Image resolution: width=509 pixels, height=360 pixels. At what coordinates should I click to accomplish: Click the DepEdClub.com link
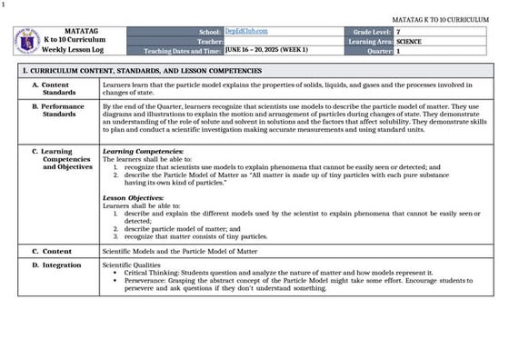241,32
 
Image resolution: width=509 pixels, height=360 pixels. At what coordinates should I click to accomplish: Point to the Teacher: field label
208,42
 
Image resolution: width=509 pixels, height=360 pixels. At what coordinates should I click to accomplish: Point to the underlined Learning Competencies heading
137,151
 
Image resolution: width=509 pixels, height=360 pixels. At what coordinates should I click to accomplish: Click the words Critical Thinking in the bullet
149,273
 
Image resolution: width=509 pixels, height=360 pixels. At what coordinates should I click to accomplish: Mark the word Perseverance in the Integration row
145,281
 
